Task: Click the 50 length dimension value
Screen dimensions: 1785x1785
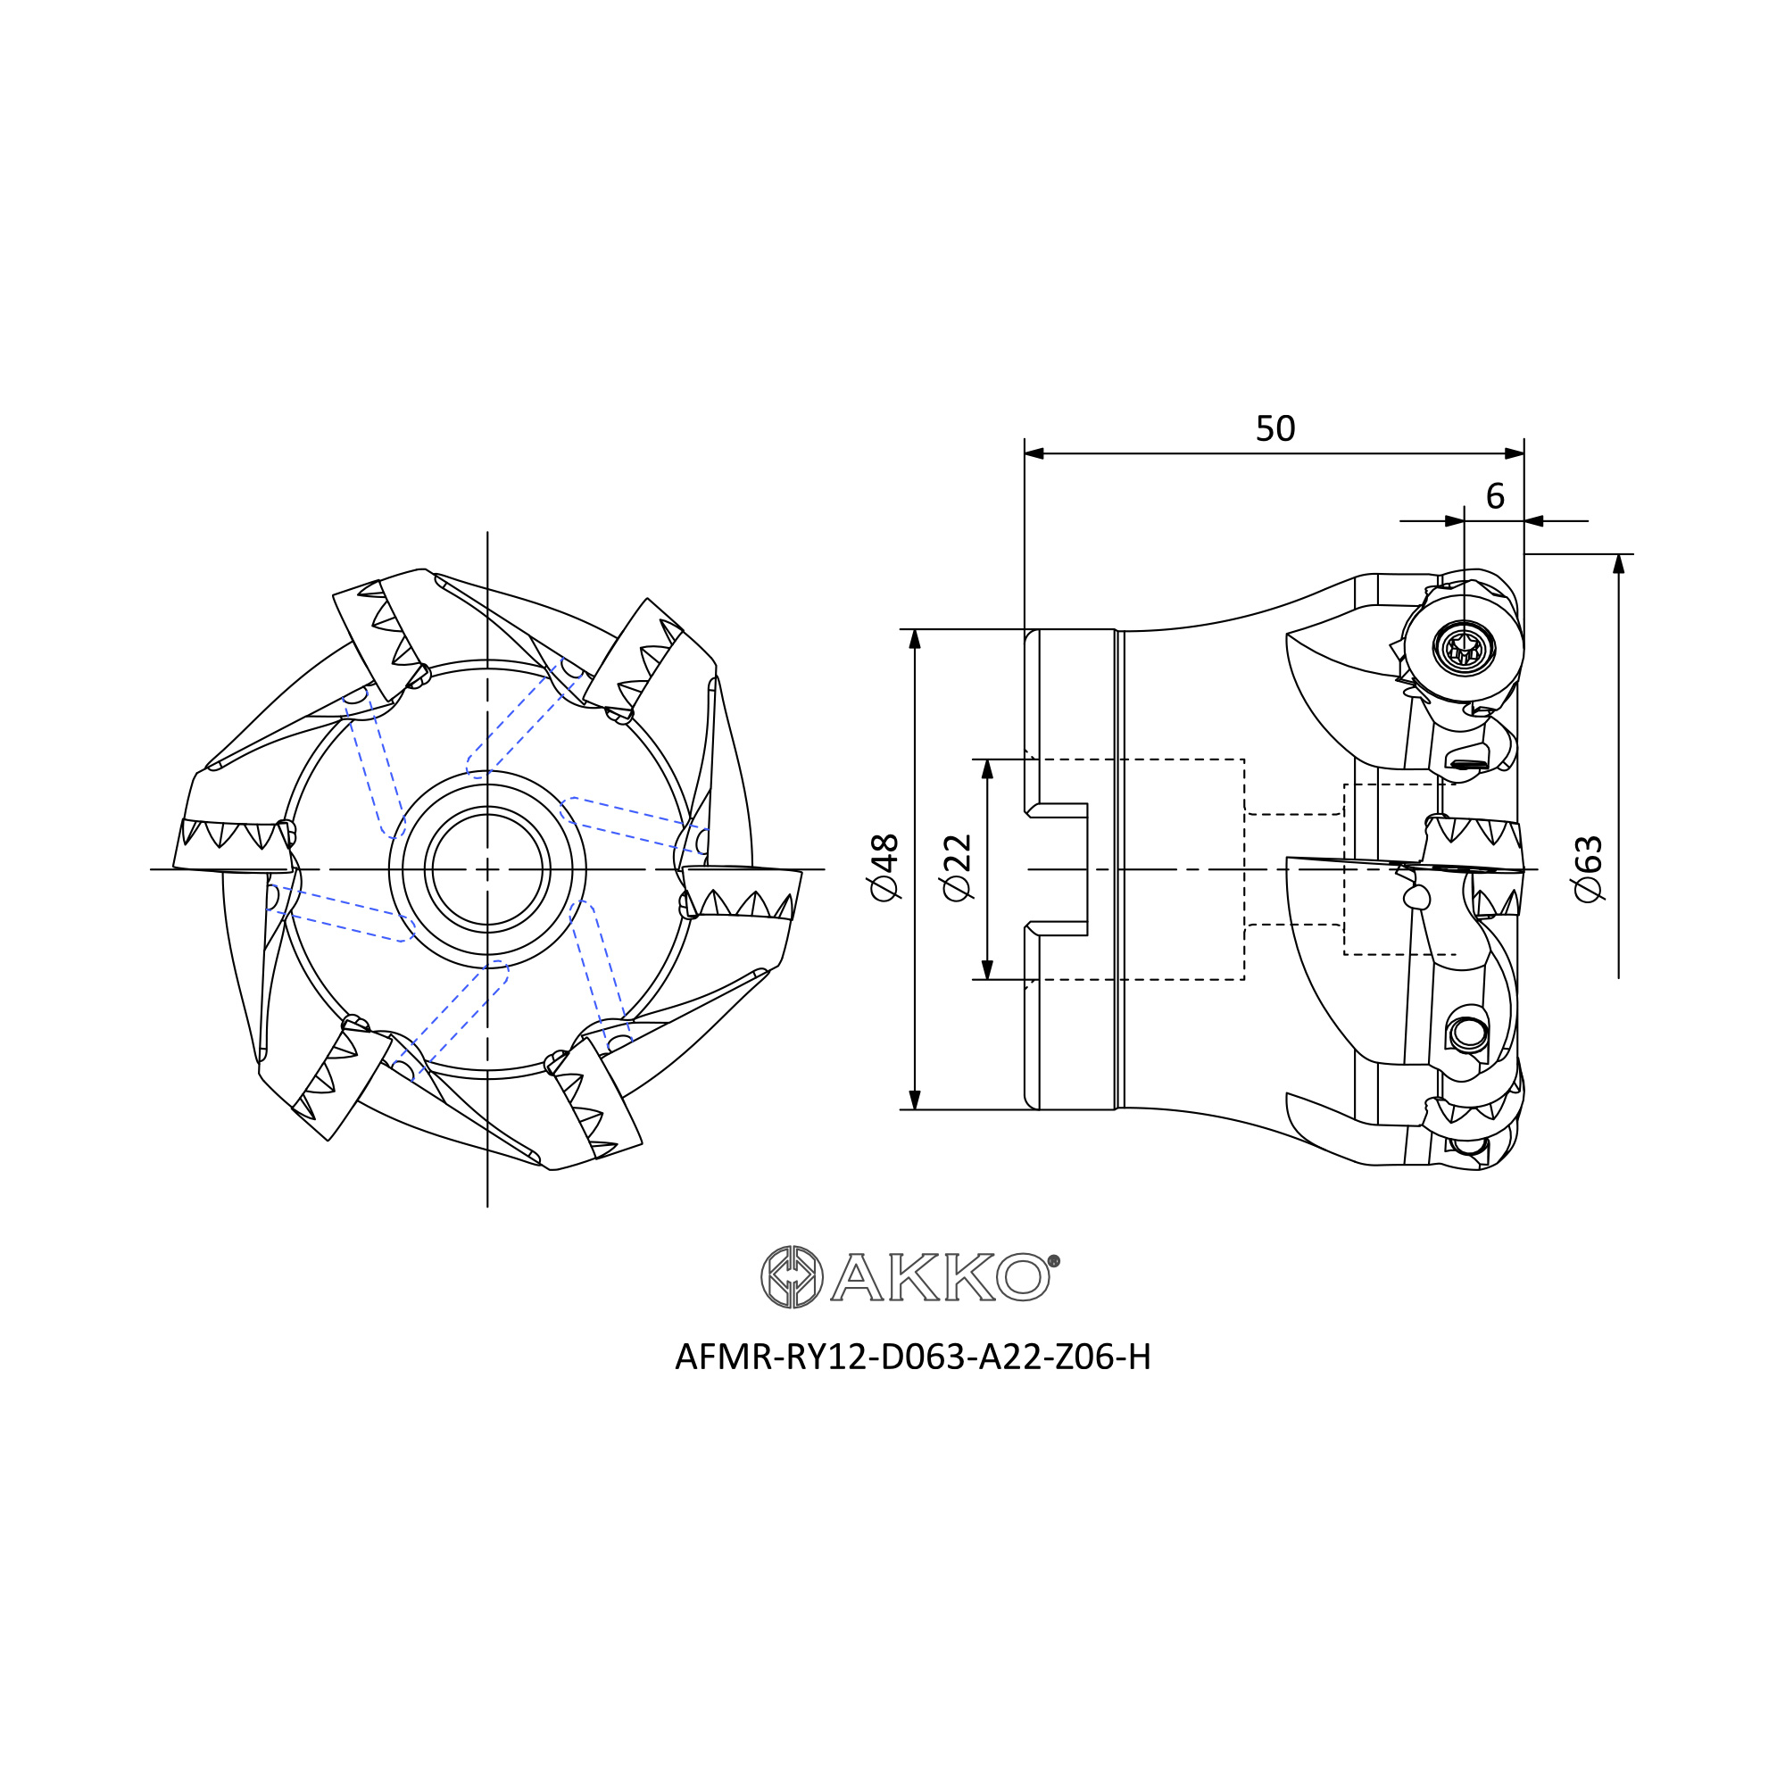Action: pos(1275,428)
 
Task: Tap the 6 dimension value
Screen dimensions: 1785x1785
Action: pos(1495,497)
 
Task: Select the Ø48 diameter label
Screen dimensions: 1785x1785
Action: pos(884,868)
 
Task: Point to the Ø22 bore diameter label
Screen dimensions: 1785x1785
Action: pos(957,868)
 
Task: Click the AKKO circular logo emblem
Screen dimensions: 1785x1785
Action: pos(792,1277)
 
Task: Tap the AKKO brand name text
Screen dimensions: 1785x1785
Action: pos(941,1277)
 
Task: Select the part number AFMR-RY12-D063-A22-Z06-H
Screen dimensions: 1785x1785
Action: pos(913,1357)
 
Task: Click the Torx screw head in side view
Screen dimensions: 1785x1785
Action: pos(1465,648)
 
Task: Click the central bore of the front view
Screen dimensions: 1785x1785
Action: pos(487,868)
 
